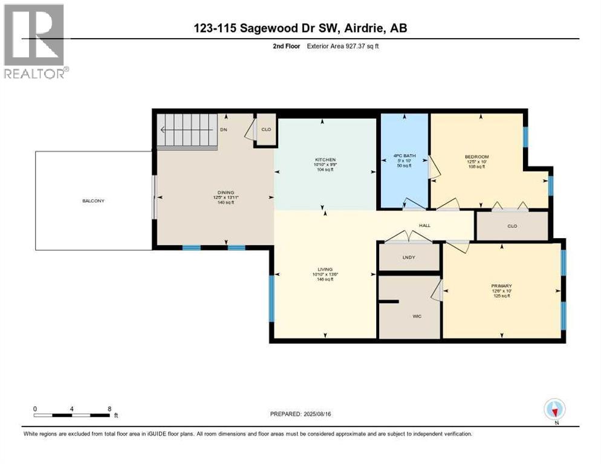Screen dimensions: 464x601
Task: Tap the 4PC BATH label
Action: [x=404, y=156]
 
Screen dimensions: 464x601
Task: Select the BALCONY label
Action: [x=94, y=201]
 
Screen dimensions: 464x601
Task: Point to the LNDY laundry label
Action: [x=409, y=257]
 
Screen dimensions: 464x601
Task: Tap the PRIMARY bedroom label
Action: [x=501, y=286]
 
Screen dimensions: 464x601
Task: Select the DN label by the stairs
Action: [x=224, y=130]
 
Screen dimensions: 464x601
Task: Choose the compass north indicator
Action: [x=554, y=410]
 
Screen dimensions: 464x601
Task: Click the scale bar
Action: [x=72, y=415]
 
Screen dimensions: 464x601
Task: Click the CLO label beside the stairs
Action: [x=265, y=129]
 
